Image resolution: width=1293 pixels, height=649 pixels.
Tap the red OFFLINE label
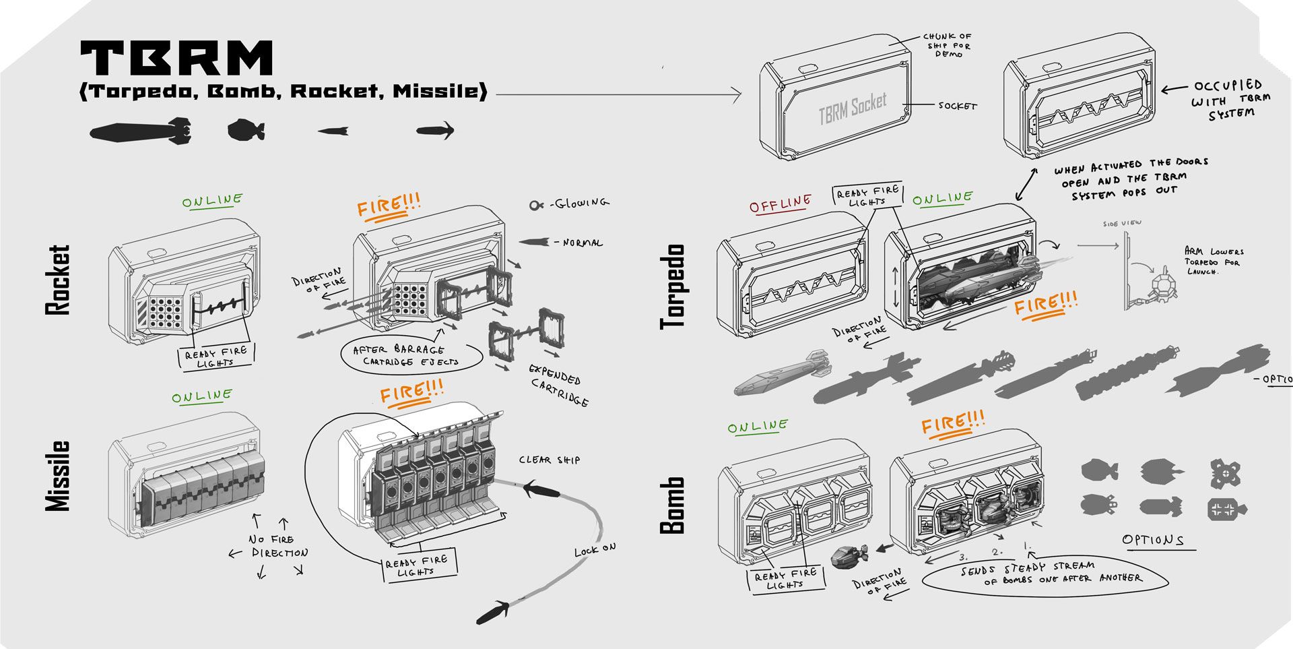coord(780,204)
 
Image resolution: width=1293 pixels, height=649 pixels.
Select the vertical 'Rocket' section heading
coord(58,280)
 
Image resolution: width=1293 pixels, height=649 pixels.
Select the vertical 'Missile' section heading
coord(58,476)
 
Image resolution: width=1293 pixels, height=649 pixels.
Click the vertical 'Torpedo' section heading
coord(673,286)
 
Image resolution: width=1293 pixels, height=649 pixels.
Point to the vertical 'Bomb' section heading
coord(673,505)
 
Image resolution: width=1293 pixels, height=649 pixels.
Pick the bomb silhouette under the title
coord(246,129)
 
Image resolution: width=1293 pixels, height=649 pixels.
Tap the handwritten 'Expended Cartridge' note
coord(558,385)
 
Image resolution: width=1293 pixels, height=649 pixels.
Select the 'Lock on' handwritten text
coord(595,550)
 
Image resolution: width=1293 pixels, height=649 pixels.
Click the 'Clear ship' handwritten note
coord(549,460)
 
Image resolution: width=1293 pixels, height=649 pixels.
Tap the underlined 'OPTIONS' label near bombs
coord(1153,540)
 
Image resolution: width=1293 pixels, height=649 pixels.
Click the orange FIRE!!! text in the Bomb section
coord(952,423)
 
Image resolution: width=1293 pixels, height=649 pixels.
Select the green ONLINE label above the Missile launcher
coord(201,396)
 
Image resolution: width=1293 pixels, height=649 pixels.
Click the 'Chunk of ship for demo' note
coord(947,45)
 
